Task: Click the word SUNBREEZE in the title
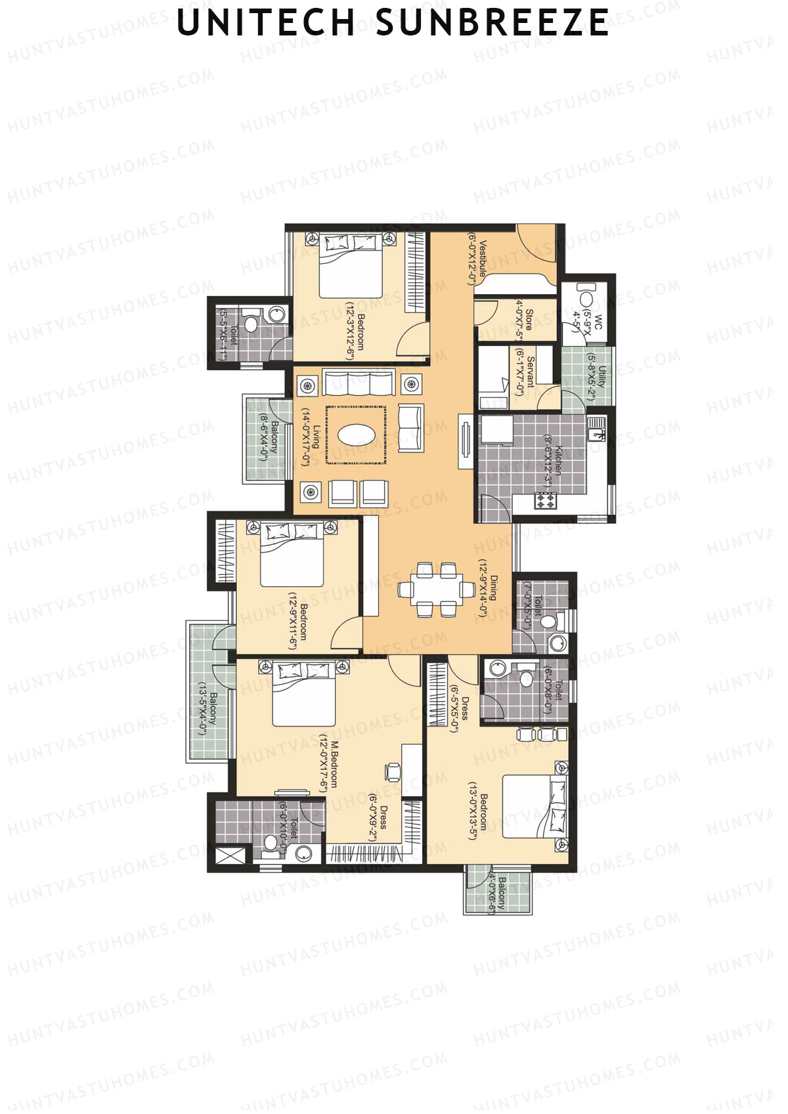pos(492,23)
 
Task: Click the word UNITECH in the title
pos(267,23)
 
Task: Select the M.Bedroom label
pos(334,764)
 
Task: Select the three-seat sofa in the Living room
pos(359,383)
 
